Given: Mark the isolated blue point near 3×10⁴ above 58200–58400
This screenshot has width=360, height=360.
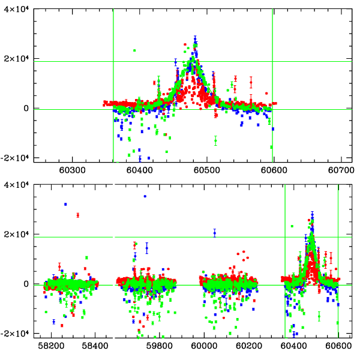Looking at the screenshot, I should [65, 205].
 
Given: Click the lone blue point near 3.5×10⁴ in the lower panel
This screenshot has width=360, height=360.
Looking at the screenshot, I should [145, 196].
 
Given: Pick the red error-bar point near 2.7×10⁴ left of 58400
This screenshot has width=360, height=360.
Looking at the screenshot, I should [77, 215].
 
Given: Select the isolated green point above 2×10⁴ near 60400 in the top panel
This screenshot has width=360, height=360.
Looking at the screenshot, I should [134, 50].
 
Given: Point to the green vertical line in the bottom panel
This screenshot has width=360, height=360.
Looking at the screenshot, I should [284, 264].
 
